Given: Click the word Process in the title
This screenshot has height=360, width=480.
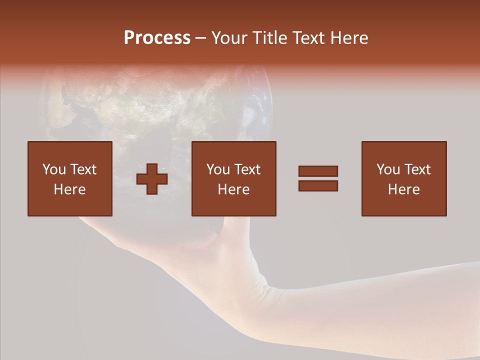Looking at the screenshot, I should coord(157,38).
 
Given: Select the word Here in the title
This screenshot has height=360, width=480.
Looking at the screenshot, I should coord(348,38).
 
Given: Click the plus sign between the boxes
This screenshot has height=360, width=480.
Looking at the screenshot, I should coord(152,179).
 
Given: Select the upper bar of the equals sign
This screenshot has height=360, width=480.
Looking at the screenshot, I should coord(318,171).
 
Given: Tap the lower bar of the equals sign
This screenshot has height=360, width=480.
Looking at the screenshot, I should coord(318,186).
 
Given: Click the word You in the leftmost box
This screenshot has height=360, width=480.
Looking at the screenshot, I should coord(53,169).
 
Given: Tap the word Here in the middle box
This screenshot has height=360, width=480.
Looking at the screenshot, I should coord(233,189).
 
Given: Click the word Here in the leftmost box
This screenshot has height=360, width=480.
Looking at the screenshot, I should coord(69,189).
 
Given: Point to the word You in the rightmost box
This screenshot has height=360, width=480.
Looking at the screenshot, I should coord(388,169).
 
